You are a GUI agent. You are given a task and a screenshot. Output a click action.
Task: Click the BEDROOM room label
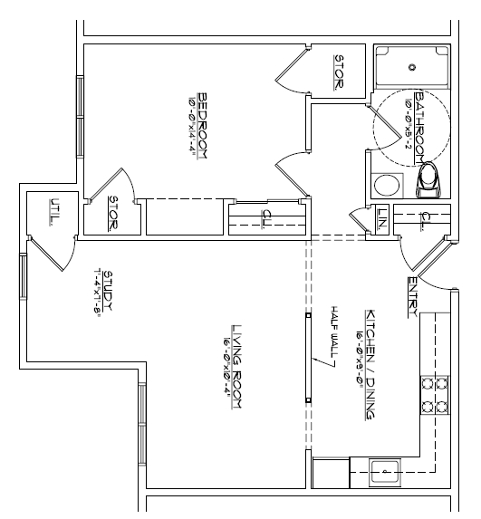pos(204,128)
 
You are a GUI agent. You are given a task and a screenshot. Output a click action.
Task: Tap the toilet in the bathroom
pos(428,181)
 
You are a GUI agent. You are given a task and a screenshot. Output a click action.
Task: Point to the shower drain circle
pos(412,66)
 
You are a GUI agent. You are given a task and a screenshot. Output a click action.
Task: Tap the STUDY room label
pos(108,292)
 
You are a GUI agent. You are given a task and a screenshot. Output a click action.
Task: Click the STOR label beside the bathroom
pos(339,72)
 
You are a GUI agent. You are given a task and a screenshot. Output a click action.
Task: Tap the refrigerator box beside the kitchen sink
pos(327,472)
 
